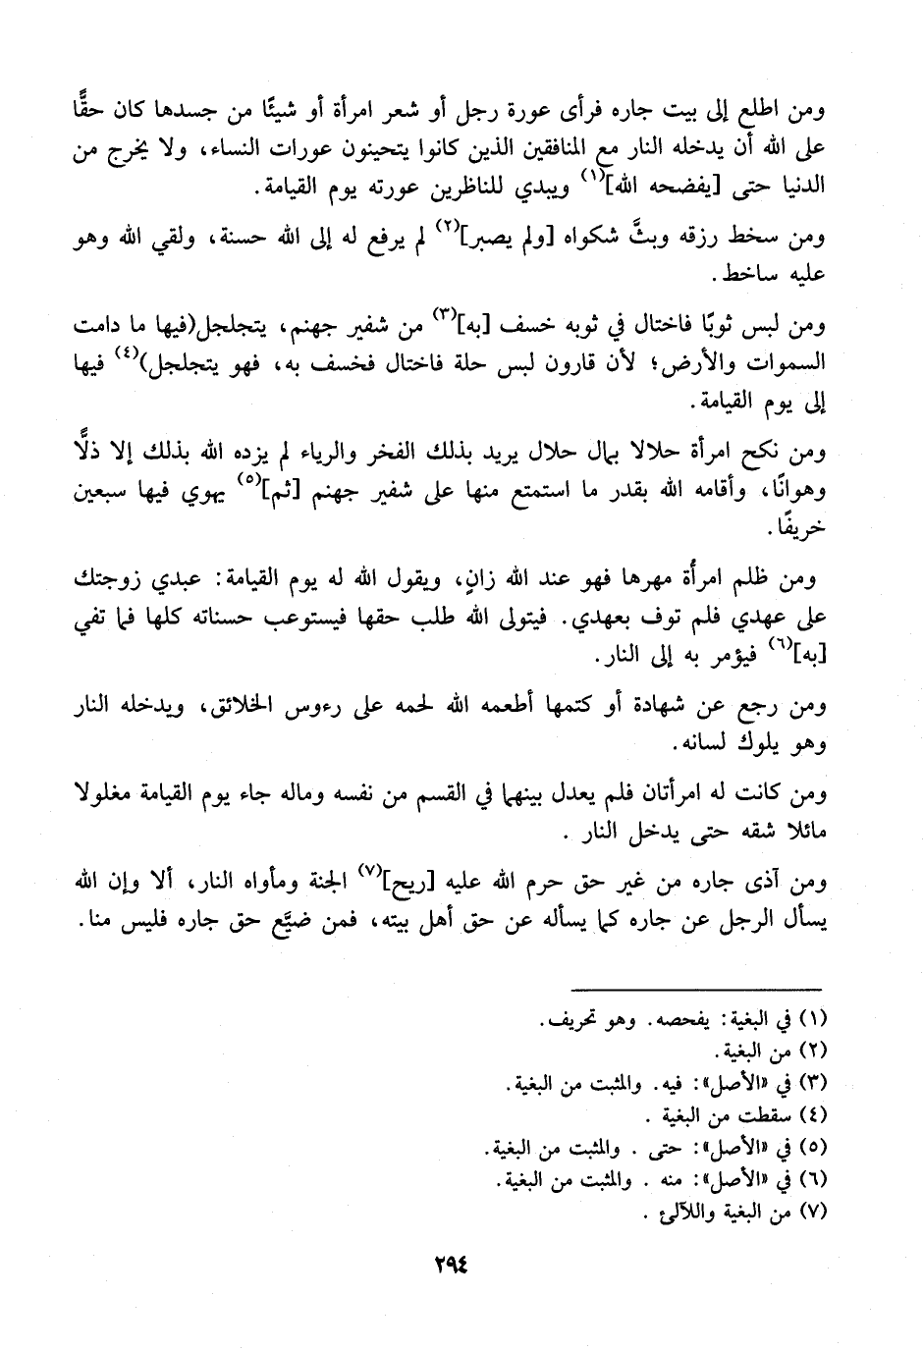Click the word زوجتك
coord(110,581)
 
